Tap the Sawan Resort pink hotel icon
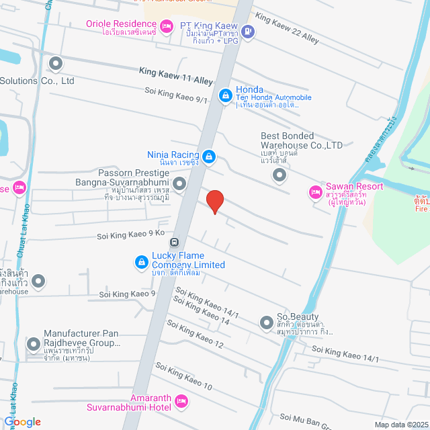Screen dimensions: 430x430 point(314,193)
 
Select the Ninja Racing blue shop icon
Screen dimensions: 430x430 point(209,157)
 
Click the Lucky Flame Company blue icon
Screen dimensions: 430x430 point(142,261)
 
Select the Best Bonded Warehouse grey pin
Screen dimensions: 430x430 point(279,175)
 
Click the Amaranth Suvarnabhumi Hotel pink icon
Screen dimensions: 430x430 point(180,402)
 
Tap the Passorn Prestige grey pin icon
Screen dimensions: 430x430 point(179,183)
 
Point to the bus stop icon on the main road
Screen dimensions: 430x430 point(174,243)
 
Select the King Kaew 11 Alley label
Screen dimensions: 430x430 point(176,75)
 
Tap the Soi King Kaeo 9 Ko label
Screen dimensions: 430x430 point(131,233)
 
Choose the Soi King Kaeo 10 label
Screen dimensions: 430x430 point(183,376)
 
